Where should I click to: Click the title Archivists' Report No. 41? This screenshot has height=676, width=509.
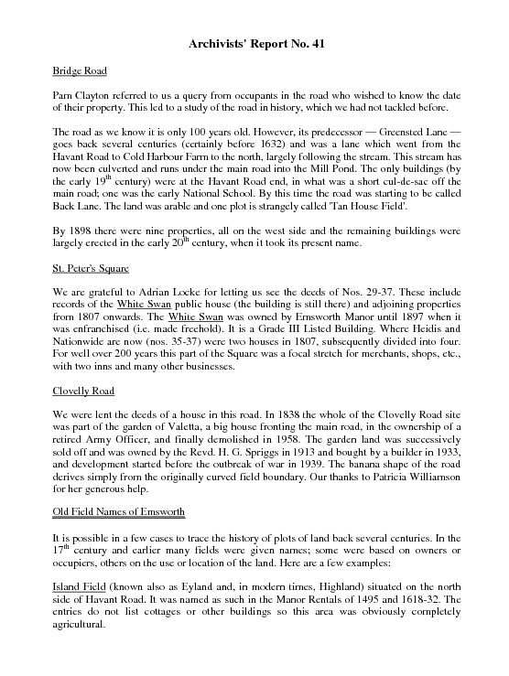click(x=255, y=43)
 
